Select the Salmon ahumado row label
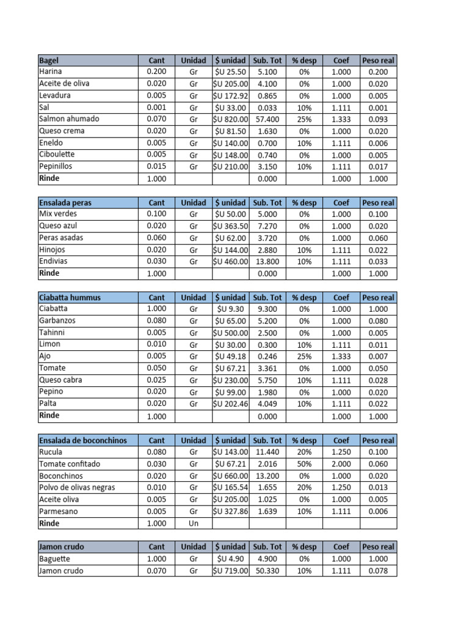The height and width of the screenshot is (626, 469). click(68, 119)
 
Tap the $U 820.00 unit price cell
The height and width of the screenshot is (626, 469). click(230, 119)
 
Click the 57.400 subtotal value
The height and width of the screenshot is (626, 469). click(267, 119)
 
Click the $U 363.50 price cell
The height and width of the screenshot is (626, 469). click(230, 226)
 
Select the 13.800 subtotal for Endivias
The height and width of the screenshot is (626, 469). click(267, 262)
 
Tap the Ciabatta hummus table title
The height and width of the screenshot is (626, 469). click(70, 298)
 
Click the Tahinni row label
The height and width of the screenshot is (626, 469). click(52, 333)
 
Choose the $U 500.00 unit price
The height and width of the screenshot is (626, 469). click(230, 333)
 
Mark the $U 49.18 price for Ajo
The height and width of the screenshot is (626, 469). click(230, 356)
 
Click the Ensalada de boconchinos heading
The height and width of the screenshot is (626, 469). click(83, 440)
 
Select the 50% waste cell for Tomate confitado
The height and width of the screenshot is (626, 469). click(304, 464)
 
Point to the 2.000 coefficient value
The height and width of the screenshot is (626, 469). click(341, 464)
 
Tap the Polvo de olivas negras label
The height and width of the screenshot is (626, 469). click(77, 488)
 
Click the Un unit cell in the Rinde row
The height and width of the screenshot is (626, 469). click(194, 523)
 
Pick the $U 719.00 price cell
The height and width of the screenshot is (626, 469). click(230, 571)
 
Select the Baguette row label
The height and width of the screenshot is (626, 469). click(54, 559)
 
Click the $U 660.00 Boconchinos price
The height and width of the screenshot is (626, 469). click(230, 476)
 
